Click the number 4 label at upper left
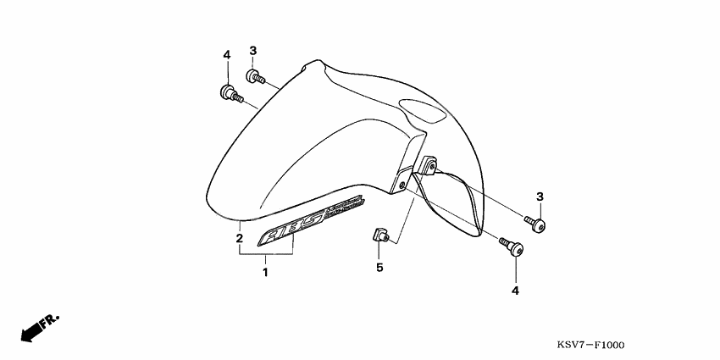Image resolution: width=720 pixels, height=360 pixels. pyautogui.click(x=226, y=55)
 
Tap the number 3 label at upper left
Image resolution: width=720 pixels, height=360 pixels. pyautogui.click(x=252, y=50)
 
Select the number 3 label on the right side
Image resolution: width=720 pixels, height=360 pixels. pyautogui.click(x=539, y=197)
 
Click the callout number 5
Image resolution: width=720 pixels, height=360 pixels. pyautogui.click(x=379, y=268)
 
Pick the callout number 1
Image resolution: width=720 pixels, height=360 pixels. pyautogui.click(x=265, y=273)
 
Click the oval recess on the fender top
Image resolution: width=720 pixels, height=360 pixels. pyautogui.click(x=420, y=110)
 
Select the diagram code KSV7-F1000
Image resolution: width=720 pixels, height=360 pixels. pyautogui.click(x=590, y=346)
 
